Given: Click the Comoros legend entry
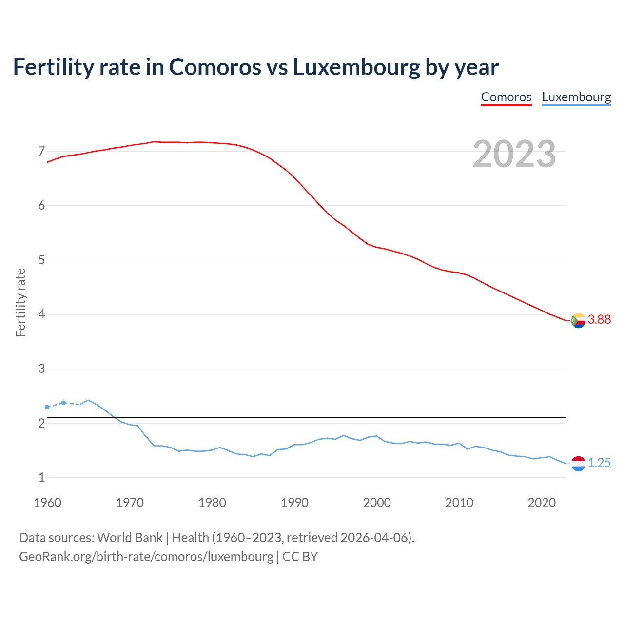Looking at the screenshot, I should point(506,97).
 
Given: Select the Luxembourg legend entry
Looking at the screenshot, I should point(576,97).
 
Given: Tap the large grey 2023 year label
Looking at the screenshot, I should point(514,154).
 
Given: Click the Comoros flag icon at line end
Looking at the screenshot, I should point(578,320).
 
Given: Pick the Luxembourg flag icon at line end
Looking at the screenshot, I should point(578,464).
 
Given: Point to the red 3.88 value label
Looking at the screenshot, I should point(599,320).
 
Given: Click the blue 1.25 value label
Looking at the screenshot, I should point(599,463).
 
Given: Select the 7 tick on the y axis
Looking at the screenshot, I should point(41,151).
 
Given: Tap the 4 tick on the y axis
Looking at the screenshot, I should point(41,314).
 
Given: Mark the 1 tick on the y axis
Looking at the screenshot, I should point(41,478).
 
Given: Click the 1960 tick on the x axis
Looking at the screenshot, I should point(47,503).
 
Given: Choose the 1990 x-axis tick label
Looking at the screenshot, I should point(294,503).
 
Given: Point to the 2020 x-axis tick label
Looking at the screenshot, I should point(542,503).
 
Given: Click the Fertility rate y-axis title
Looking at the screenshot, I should point(20,302).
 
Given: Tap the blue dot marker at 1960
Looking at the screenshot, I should point(47,407).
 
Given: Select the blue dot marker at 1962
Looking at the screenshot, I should point(63,403).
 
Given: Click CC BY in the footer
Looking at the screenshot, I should point(300,557).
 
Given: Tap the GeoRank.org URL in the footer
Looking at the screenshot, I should point(146,557).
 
